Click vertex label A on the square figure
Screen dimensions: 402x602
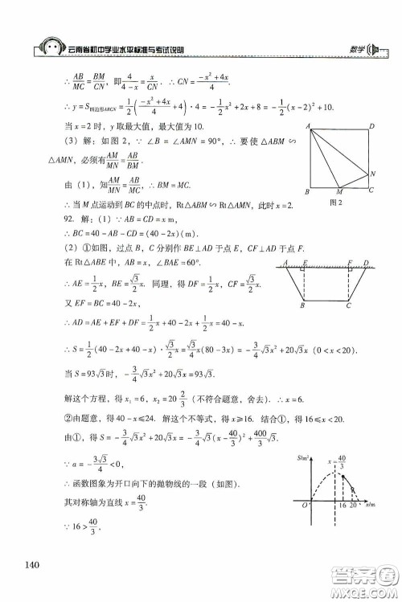[308, 127]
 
